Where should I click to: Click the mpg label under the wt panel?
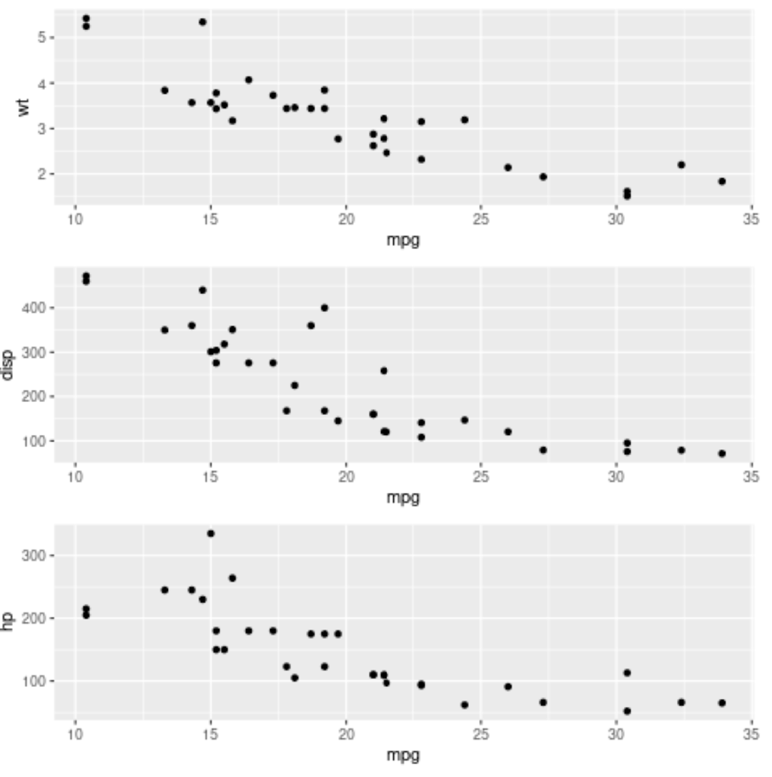[x=403, y=240]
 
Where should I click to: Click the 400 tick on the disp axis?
[x=37, y=308]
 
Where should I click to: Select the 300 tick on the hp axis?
[x=37, y=555]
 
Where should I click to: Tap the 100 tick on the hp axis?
[x=37, y=680]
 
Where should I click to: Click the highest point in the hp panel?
[x=211, y=534]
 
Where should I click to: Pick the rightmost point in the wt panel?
[x=722, y=182]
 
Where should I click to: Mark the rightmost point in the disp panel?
[x=722, y=454]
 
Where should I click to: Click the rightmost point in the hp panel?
[x=722, y=703]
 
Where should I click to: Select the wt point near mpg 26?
[x=508, y=167]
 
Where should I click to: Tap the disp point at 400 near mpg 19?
[x=325, y=308]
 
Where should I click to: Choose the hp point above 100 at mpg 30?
[x=627, y=673]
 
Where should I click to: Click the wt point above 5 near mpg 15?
[x=202, y=22]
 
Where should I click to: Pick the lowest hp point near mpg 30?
[x=627, y=711]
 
